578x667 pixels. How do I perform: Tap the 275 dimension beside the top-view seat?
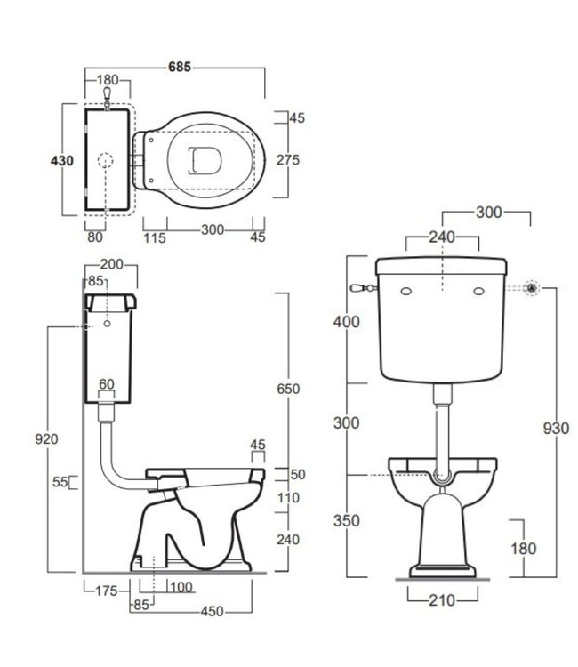287,159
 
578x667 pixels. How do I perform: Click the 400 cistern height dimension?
348,322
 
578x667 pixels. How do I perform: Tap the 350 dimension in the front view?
348,520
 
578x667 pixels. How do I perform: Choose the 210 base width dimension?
441,600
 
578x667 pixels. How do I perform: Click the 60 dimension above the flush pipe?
107,383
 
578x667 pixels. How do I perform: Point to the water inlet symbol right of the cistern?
531,287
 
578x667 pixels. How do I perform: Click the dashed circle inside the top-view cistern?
105,161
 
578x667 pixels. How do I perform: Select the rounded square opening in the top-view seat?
205,159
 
